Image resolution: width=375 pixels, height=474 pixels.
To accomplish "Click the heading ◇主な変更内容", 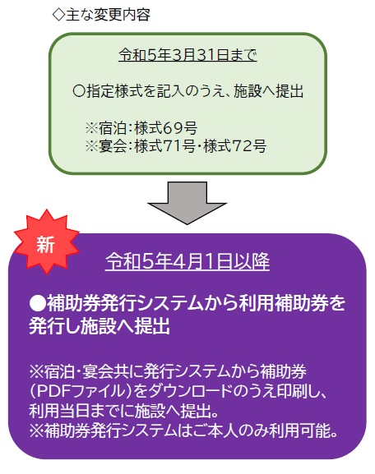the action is (101, 15).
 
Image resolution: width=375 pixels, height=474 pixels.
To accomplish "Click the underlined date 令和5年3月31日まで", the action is (187, 55).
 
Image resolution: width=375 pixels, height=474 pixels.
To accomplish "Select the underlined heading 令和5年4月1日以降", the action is (187, 261).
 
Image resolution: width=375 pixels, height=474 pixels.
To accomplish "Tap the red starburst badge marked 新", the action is (46, 242).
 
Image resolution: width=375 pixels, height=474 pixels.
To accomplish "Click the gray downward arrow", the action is (187, 203).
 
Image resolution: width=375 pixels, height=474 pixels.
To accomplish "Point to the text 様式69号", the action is (166, 128).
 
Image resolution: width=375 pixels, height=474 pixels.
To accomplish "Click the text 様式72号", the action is (235, 146).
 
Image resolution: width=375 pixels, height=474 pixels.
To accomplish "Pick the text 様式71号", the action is (165, 146).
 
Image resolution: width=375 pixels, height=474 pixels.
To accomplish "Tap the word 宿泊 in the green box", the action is (112, 128).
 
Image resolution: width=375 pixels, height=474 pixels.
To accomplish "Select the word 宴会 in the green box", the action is (112, 146).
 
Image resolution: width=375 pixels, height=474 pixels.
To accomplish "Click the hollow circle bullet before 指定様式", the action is (80, 91).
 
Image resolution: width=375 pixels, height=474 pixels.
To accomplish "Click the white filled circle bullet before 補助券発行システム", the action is (38, 303).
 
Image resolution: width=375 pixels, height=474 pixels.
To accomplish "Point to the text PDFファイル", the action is (81, 391).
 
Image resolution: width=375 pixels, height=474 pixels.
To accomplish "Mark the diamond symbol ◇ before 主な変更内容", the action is (58, 15).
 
